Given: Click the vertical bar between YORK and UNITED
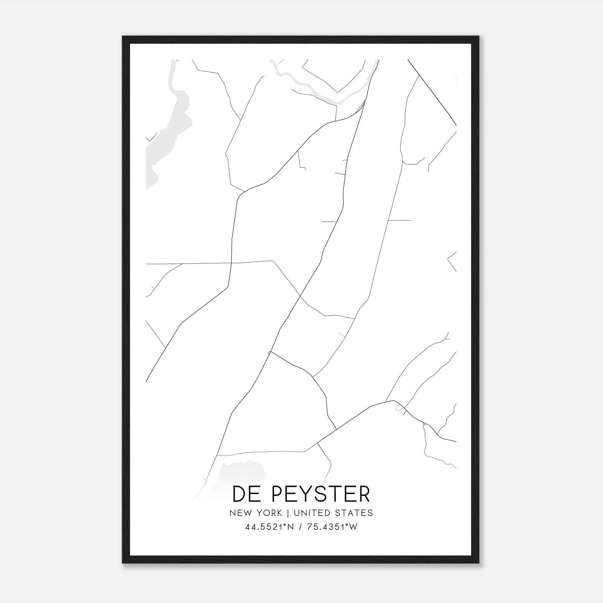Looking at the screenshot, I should (x=288, y=513).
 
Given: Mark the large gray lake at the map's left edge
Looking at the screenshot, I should (x=166, y=143).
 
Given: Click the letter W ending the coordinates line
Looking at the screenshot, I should (x=353, y=527).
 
